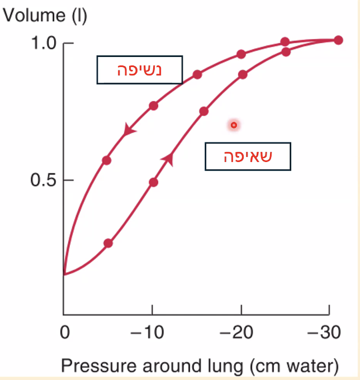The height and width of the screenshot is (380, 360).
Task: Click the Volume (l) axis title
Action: tap(45, 15)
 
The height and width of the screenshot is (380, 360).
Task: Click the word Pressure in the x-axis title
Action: tap(96, 366)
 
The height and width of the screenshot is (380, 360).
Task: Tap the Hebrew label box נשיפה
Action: tap(140, 70)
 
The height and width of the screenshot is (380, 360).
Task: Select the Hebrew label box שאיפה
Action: tap(248, 156)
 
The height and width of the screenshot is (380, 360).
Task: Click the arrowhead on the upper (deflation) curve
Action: tap(129, 130)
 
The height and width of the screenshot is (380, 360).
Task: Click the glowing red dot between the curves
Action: tap(234, 125)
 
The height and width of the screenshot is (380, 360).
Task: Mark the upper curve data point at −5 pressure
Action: tap(107, 160)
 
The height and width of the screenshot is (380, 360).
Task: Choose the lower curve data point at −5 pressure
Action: tap(108, 243)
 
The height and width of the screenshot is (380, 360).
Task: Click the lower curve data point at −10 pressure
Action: tap(153, 182)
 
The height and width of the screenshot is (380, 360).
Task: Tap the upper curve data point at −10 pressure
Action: tap(153, 106)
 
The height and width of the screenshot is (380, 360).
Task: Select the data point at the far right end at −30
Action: tap(338, 40)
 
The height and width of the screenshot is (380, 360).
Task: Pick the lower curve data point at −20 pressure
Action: tap(243, 74)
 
